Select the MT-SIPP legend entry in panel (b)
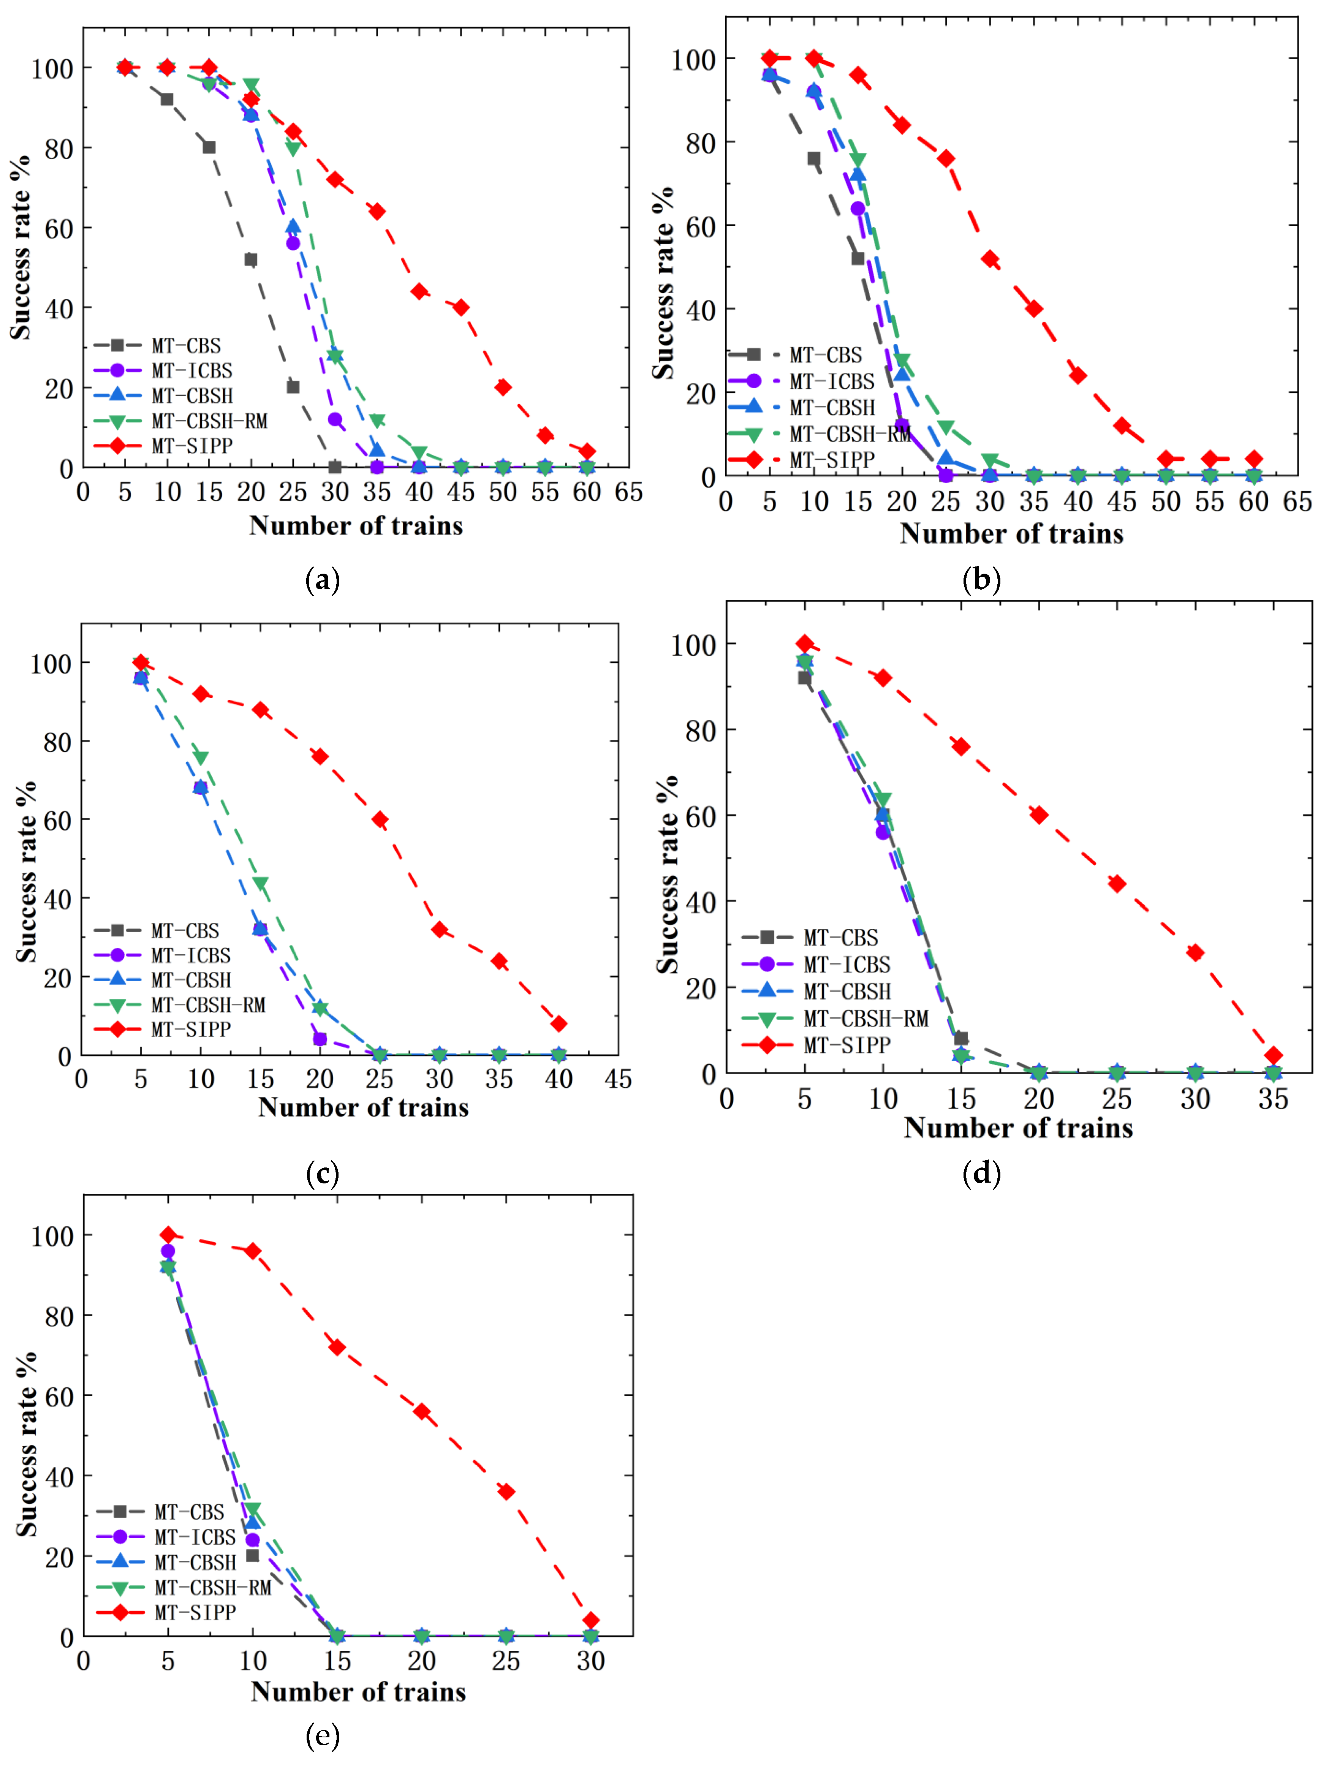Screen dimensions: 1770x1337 [832, 460]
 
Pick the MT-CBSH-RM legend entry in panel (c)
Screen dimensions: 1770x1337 [208, 1005]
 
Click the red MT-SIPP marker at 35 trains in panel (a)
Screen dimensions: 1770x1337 [377, 211]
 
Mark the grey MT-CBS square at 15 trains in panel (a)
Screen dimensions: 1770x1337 [209, 147]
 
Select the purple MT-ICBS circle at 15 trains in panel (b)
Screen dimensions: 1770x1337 [858, 209]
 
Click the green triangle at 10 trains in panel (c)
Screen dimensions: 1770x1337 [201, 758]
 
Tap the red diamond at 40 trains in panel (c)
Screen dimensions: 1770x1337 [559, 1024]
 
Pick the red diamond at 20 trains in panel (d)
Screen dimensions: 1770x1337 [1038, 815]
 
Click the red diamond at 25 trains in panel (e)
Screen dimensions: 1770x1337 [506, 1492]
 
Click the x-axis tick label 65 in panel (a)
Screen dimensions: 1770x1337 [628, 492]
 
